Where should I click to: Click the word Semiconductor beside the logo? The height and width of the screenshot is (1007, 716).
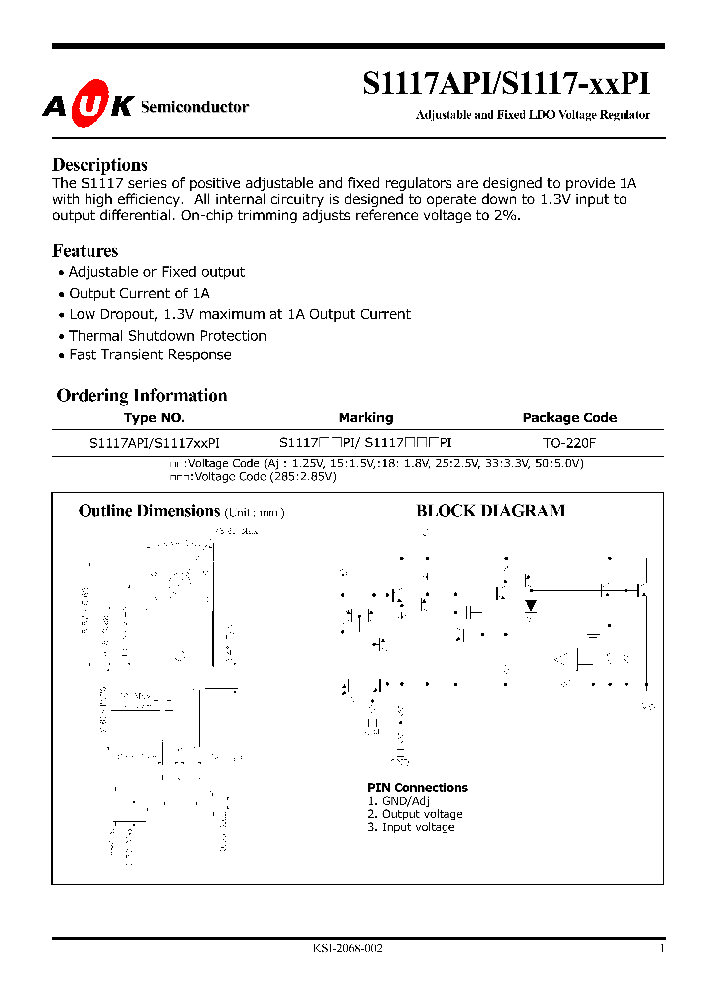click(x=195, y=107)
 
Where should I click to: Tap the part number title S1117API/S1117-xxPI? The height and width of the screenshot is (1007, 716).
click(x=506, y=83)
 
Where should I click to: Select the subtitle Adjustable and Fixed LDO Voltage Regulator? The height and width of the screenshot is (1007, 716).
click(x=532, y=115)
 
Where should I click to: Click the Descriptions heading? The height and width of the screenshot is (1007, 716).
click(x=99, y=165)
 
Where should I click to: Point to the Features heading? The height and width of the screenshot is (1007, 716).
click(x=85, y=251)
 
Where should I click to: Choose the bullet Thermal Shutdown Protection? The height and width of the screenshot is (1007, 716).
click(x=167, y=336)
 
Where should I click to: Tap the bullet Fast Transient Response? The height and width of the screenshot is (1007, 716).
click(x=149, y=355)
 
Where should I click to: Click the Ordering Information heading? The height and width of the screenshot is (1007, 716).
click(x=141, y=395)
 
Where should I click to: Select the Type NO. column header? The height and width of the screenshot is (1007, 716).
click(x=154, y=418)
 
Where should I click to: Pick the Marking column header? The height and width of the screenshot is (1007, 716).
click(x=365, y=418)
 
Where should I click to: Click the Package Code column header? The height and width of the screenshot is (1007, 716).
click(x=570, y=418)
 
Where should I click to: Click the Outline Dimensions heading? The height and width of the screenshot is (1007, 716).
click(x=148, y=511)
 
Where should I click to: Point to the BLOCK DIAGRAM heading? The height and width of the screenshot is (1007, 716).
click(x=489, y=511)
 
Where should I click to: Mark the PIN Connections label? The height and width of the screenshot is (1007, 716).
click(x=417, y=788)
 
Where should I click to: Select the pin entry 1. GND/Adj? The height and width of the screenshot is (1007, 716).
click(x=398, y=801)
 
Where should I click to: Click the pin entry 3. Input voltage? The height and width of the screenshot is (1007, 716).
click(x=411, y=827)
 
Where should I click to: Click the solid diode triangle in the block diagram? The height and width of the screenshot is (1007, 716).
click(x=531, y=605)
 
